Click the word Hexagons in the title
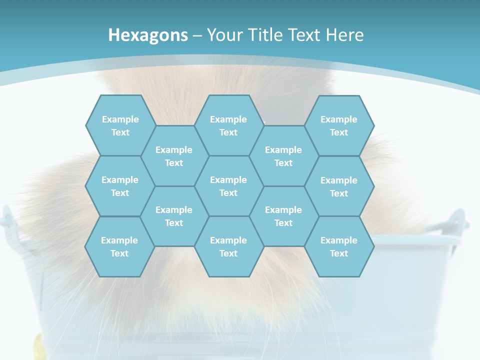(148, 35)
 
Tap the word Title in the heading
(267, 35)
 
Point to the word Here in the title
(345, 35)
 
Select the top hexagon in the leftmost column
(120, 125)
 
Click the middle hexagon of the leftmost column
(120, 186)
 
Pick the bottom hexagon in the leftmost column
(119, 246)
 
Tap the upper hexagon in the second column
(174, 156)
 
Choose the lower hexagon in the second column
(174, 216)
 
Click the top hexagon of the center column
(228, 125)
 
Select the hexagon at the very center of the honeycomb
(228, 186)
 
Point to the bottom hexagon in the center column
(228, 246)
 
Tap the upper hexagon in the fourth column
(283, 156)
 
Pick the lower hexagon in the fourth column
(283, 216)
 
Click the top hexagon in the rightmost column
(339, 125)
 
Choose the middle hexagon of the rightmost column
(339, 186)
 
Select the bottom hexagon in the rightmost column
(339, 246)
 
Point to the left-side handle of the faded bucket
(8, 220)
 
